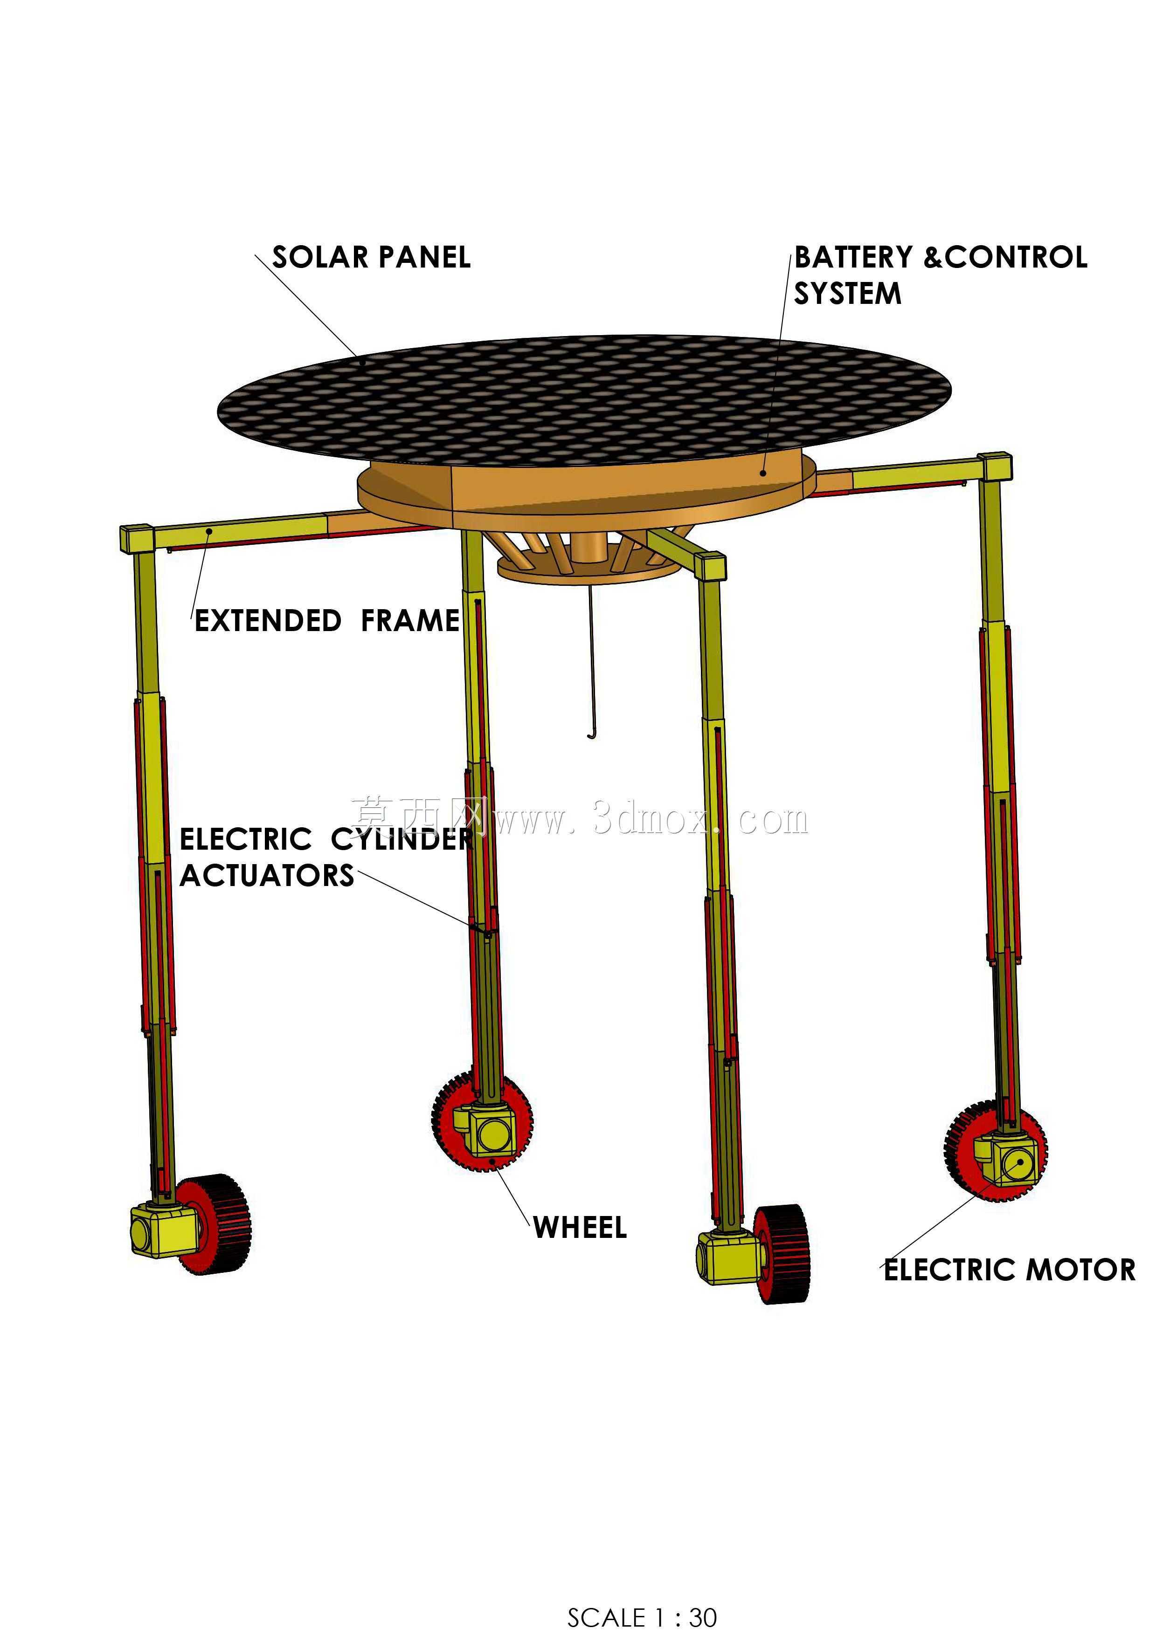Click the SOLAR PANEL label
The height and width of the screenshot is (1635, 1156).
coord(371,257)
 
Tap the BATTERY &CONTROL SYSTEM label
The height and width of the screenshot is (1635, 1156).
coord(940,275)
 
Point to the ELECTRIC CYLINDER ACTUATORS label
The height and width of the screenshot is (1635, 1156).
coord(325,858)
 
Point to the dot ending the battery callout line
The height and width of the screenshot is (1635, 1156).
coord(763,472)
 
